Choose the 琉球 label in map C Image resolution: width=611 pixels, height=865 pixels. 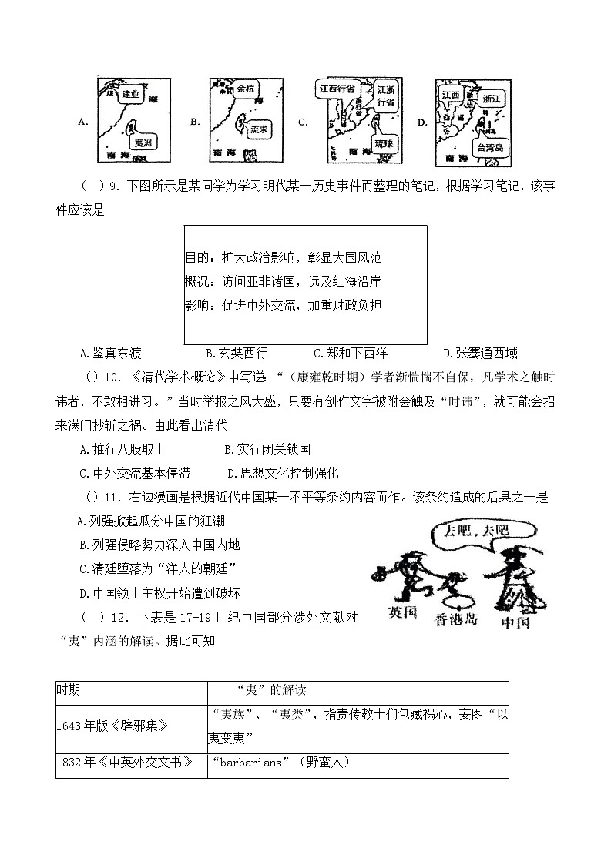[x=383, y=144]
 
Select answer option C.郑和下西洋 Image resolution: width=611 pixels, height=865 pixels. [x=351, y=354]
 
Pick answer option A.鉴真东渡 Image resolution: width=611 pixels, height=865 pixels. [x=111, y=354]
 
